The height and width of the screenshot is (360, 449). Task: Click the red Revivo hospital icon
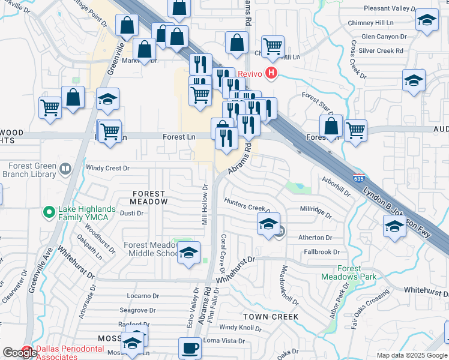pos(271,74)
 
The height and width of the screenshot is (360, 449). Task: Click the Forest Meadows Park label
pos(349,273)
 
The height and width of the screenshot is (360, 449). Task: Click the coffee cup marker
pos(190,347)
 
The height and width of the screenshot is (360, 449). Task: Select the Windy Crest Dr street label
pos(108,169)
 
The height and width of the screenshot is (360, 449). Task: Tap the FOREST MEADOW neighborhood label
pos(148,198)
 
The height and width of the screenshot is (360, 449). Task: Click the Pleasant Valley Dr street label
pos(390,9)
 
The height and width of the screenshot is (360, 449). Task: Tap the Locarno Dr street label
pos(143,296)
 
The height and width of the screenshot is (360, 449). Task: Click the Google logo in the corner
pos(19,353)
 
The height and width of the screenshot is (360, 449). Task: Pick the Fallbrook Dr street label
pos(321,253)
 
